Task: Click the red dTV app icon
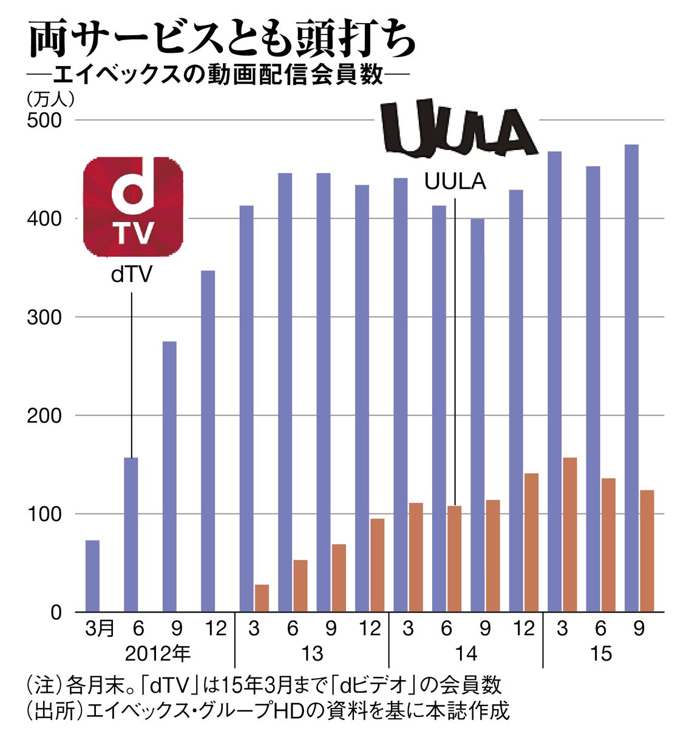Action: click(133, 207)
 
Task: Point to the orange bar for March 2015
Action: click(570, 535)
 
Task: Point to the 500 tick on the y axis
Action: click(44, 121)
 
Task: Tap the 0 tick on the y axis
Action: click(56, 613)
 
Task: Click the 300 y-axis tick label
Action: click(44, 317)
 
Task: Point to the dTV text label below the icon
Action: click(132, 275)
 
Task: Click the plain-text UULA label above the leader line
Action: click(455, 182)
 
